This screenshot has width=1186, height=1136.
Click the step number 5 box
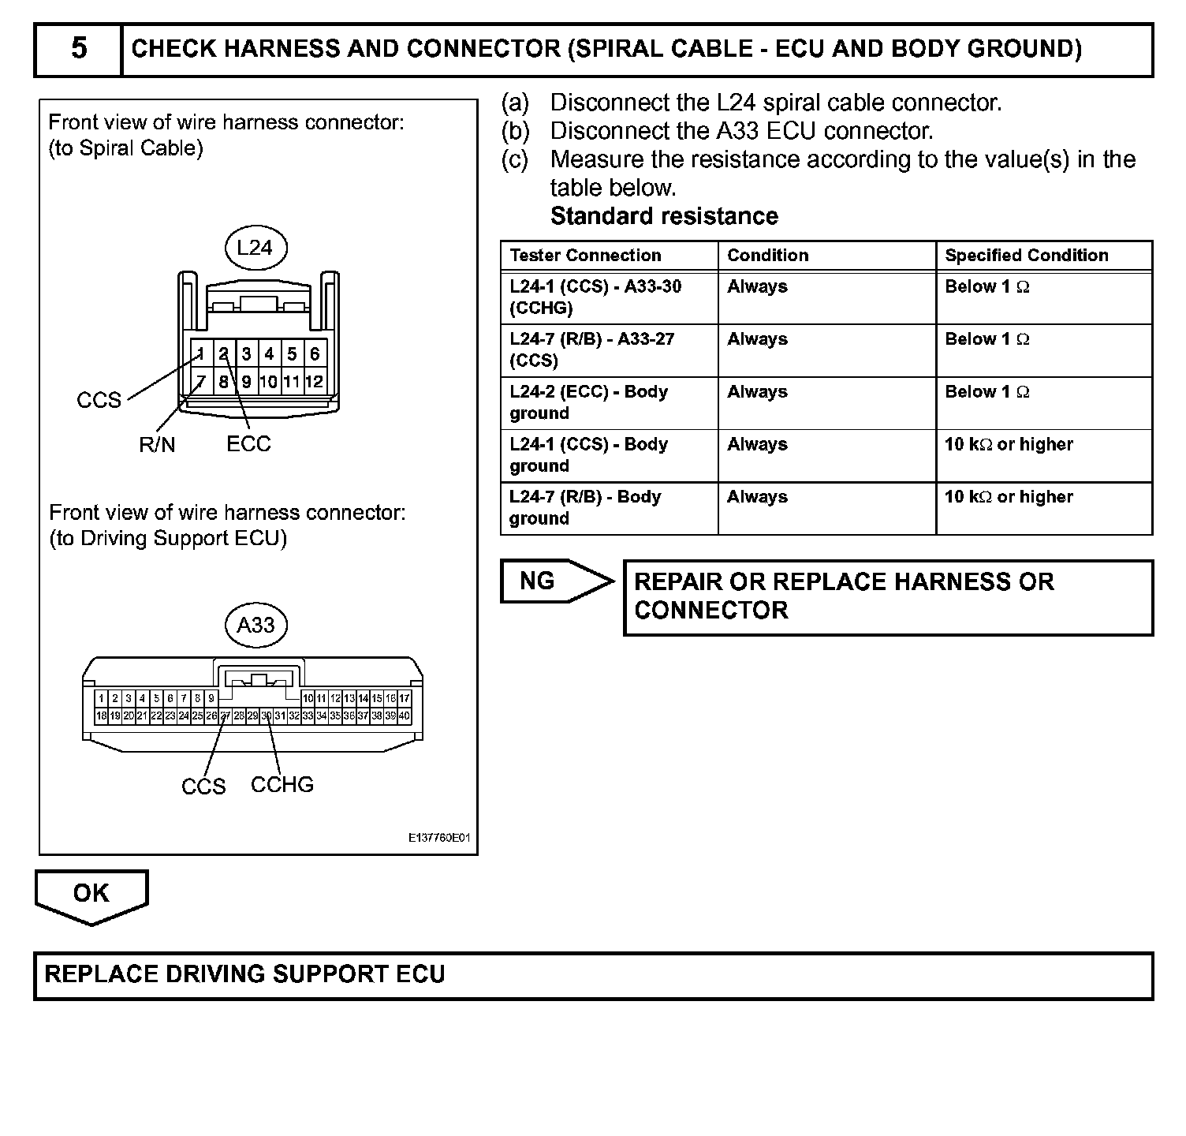coord(79,49)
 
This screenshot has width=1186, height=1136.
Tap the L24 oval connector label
coord(255,248)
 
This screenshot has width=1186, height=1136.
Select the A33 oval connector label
coord(255,625)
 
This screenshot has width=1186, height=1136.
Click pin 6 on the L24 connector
coord(315,354)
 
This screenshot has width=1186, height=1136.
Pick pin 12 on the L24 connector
coord(314,382)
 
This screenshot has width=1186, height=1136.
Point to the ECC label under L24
coord(248,444)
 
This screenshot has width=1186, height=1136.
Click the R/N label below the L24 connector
coord(157,446)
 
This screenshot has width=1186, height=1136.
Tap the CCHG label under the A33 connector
coord(282,785)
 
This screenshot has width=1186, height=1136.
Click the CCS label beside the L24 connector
coord(99,401)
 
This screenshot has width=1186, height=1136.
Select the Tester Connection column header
coord(585,256)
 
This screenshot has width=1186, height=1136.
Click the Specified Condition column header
coord(1026,256)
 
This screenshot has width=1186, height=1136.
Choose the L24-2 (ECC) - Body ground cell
coord(588,402)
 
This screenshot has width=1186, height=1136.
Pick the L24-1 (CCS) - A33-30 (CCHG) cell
coord(595,297)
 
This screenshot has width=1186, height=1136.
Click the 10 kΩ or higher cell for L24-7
coord(1009,497)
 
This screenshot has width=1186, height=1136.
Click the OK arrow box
coord(91,895)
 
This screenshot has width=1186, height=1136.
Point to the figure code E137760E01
coord(438,838)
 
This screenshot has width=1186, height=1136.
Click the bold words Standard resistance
coord(664,216)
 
